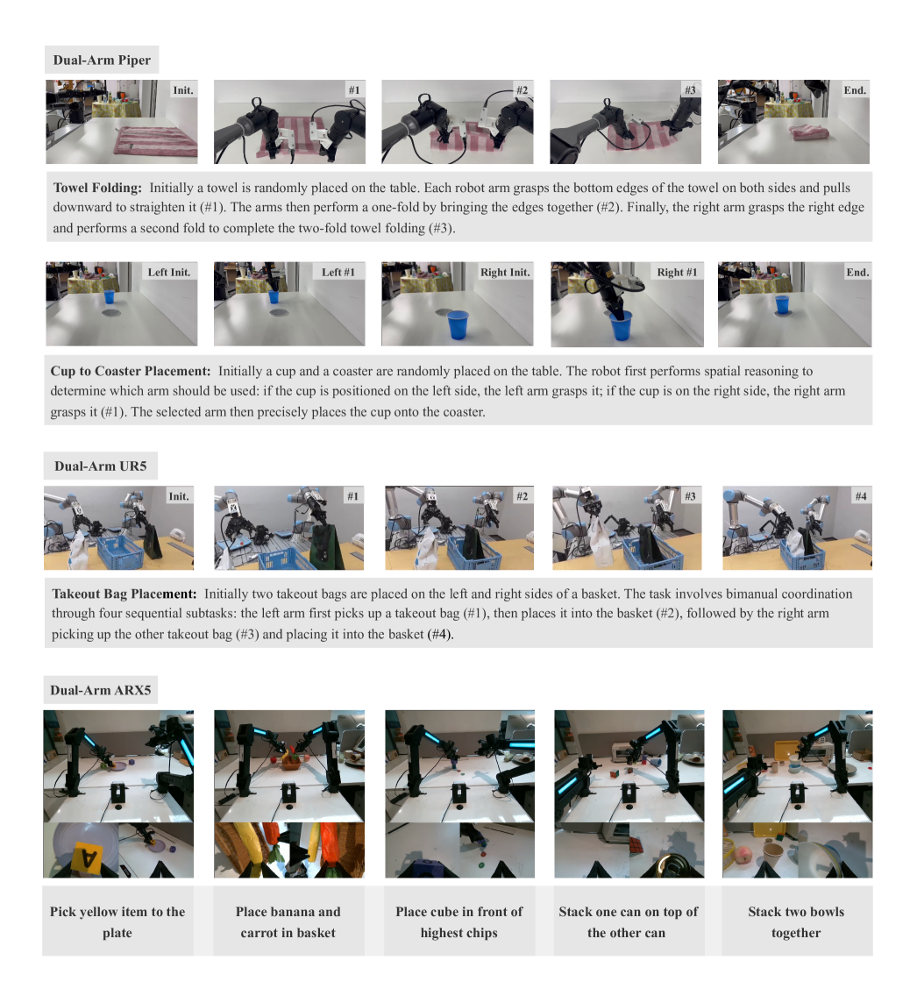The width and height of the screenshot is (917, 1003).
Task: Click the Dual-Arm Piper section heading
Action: (102, 60)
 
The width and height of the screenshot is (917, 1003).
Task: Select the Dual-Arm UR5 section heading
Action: (101, 466)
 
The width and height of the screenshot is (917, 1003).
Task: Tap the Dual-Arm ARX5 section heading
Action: (101, 690)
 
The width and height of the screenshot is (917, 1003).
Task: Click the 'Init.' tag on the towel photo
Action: (183, 90)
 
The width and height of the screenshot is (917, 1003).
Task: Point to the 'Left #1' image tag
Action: (338, 272)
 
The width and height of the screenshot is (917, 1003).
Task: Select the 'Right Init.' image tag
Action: (505, 272)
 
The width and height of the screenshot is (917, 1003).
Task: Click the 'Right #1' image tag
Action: (677, 272)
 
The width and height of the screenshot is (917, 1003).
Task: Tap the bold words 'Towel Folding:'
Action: (97, 188)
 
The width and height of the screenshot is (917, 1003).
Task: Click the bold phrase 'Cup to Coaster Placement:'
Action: (131, 371)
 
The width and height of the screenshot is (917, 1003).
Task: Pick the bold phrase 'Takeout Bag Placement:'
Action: (124, 594)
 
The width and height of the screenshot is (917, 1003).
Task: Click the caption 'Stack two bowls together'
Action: (796, 921)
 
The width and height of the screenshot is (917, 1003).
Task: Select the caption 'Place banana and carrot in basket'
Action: (288, 921)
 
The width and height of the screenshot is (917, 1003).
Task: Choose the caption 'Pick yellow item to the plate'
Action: (117, 921)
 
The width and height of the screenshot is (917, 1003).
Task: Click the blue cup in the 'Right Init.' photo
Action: (458, 324)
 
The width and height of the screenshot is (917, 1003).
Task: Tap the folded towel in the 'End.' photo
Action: (809, 133)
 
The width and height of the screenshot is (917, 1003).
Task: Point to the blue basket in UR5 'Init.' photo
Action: (120, 552)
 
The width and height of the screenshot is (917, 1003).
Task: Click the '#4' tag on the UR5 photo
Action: (862, 496)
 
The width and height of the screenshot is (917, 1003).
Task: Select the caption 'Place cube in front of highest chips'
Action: (459, 921)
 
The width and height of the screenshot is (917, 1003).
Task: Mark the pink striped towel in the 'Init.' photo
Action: (156, 141)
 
